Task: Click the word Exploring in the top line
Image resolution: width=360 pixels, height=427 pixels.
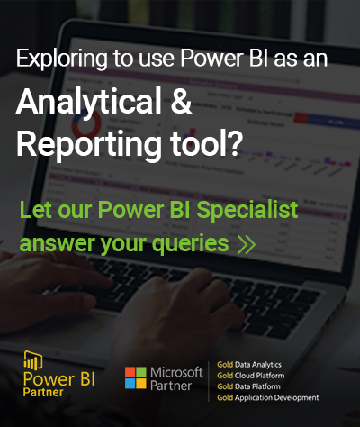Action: coord(62,59)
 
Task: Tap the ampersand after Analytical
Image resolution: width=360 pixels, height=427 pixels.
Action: coord(181,101)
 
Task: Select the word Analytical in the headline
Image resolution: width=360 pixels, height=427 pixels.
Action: coord(89,103)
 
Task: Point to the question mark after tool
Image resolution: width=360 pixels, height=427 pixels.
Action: coord(233,143)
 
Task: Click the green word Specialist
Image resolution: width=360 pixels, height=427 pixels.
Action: coord(247,211)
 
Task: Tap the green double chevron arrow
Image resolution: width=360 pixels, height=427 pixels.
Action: coord(247,244)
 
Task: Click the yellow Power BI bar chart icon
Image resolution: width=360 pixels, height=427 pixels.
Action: coord(33,360)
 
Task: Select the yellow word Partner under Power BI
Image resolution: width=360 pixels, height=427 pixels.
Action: coord(43,392)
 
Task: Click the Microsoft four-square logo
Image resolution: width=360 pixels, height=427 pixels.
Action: coord(136,377)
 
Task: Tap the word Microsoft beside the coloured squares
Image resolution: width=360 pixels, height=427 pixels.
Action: coord(176,372)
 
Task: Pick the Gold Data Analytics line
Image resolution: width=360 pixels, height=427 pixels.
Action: coord(249,365)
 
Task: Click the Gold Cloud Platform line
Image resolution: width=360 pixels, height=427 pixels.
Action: coord(251,376)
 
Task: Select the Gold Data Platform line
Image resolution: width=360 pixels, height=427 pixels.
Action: coord(249,386)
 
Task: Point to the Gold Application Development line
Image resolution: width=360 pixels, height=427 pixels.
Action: coord(268,398)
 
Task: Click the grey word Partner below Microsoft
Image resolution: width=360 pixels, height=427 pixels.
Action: coord(171,386)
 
